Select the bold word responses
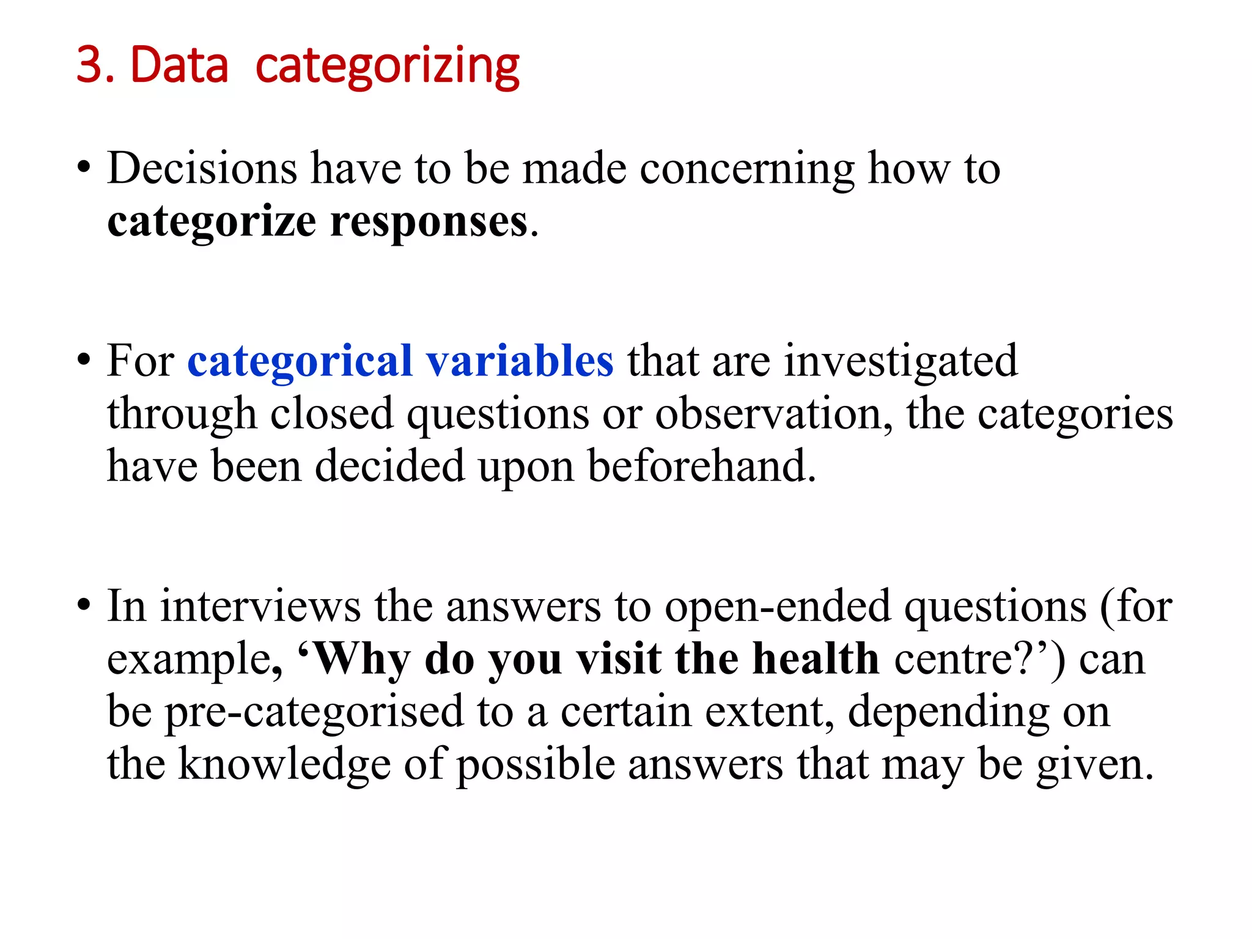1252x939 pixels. pos(429,223)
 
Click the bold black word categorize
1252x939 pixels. pos(212,223)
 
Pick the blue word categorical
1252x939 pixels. pos(300,362)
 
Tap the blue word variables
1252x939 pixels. pos(520,361)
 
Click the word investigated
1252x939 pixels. pos(900,362)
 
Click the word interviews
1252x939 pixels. pos(260,606)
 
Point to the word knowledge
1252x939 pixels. pos(284,765)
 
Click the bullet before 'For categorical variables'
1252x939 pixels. pos(84,361)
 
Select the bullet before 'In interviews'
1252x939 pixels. pos(84,606)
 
